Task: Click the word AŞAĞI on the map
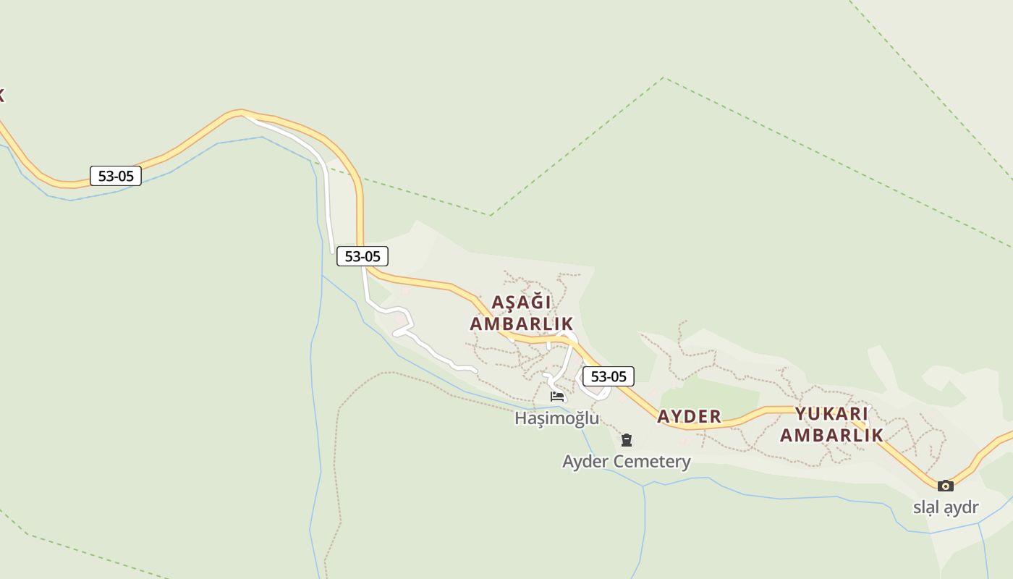[521, 302]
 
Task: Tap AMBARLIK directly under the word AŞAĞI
[521, 324]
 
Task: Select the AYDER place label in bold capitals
[689, 416]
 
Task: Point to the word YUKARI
[831, 414]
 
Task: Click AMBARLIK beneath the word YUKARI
[831, 435]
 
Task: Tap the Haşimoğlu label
[556, 418]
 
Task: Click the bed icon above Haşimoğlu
[557, 397]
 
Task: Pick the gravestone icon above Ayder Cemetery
[627, 440]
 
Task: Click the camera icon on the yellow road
[945, 486]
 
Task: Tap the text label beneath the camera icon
[945, 507]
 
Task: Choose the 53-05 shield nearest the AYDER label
[609, 376]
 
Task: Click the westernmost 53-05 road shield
[116, 176]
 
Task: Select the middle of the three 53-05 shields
[363, 256]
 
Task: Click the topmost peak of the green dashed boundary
[664, 78]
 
